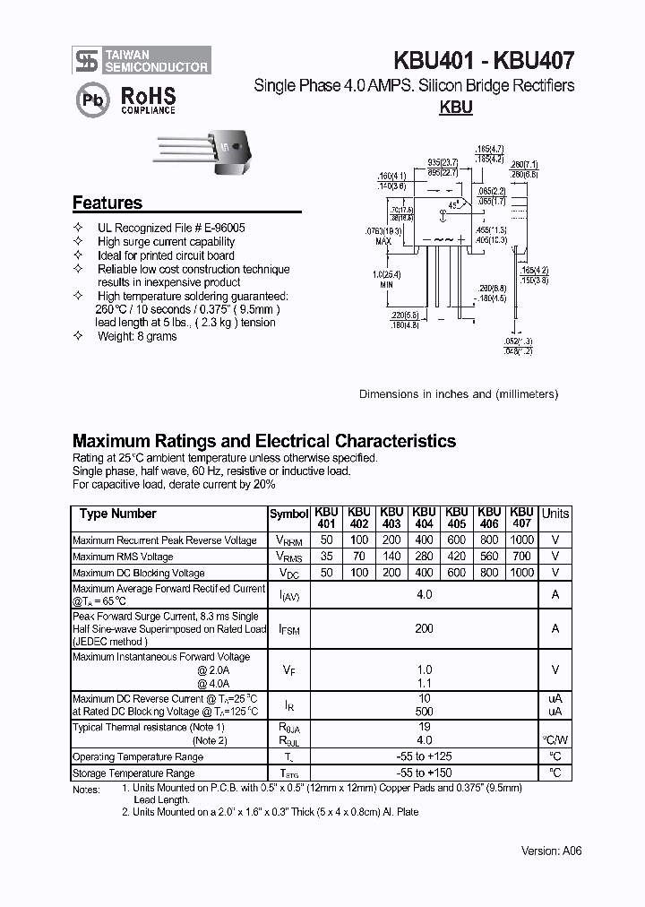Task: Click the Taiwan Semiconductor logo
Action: (142, 60)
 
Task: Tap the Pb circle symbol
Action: (92, 101)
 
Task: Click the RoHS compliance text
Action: (148, 99)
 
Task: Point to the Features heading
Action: (107, 203)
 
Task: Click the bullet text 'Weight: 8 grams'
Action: (137, 336)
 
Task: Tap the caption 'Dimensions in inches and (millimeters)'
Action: (459, 394)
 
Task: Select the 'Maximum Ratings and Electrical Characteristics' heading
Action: (263, 441)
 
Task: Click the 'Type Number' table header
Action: (117, 514)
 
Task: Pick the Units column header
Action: (555, 514)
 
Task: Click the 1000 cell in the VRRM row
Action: (521, 540)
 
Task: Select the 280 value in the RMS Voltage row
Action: (424, 557)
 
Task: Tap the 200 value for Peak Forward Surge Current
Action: (424, 629)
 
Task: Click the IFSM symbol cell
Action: (288, 629)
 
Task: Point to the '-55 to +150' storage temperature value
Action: (424, 773)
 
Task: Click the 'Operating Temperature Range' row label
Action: (138, 756)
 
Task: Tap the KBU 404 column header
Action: (424, 517)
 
